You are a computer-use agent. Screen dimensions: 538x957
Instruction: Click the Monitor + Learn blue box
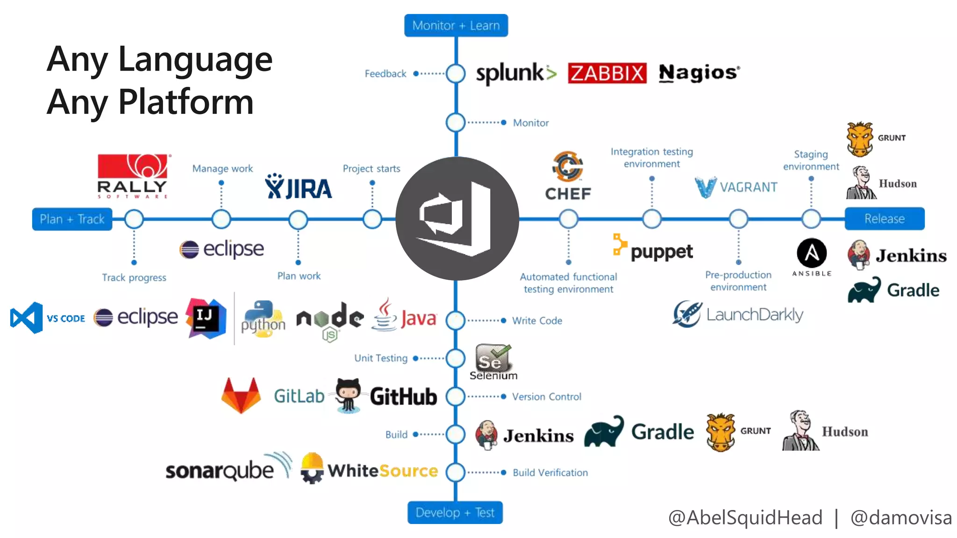tap(456, 26)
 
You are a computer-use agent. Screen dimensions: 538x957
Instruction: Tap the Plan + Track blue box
tap(72, 219)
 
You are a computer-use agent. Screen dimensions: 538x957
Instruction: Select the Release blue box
tap(884, 219)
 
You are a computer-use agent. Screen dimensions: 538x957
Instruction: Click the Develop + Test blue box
tap(455, 513)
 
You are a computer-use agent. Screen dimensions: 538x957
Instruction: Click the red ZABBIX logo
tap(607, 73)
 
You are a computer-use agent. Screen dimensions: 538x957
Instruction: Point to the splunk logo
tap(515, 73)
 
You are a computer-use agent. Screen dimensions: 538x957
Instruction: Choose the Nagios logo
tap(699, 73)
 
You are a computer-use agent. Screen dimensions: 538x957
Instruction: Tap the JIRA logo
tap(299, 187)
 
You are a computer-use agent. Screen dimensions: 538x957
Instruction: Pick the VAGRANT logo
tap(736, 187)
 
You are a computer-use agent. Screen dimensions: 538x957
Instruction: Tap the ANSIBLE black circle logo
tap(812, 254)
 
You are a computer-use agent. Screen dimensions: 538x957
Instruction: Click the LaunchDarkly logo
tap(737, 314)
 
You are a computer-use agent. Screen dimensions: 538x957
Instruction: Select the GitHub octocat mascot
tap(348, 395)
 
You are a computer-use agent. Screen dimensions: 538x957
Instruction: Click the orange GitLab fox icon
tap(241, 395)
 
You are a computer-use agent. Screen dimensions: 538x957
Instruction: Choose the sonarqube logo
tap(228, 468)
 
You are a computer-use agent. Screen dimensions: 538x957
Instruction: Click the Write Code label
tap(537, 321)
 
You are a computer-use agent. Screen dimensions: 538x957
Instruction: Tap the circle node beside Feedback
tap(456, 74)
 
